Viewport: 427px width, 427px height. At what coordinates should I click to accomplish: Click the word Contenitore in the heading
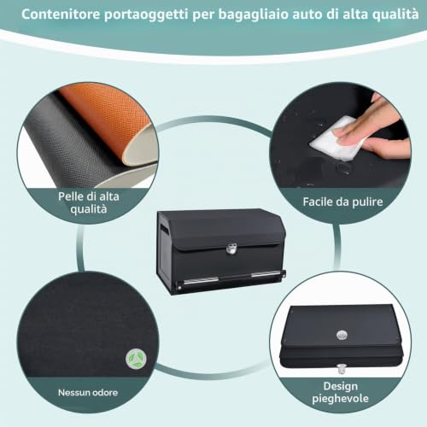61,14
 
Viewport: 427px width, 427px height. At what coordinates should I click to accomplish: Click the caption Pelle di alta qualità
89,202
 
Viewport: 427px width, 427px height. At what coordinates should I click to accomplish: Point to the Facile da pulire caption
342,202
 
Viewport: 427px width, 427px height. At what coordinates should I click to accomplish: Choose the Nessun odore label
88,393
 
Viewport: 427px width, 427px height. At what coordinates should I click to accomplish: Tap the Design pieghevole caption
341,392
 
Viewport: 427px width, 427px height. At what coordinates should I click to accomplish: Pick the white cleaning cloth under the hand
336,138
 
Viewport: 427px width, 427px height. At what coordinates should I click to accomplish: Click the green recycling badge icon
136,359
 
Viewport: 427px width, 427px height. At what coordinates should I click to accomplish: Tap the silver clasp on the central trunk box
231,249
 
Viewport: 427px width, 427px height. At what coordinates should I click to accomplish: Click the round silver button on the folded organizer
342,335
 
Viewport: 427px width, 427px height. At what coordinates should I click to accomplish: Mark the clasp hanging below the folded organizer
341,369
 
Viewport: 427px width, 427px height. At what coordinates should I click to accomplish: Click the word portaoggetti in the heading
146,15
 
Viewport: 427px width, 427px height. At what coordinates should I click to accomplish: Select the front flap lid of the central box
228,231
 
